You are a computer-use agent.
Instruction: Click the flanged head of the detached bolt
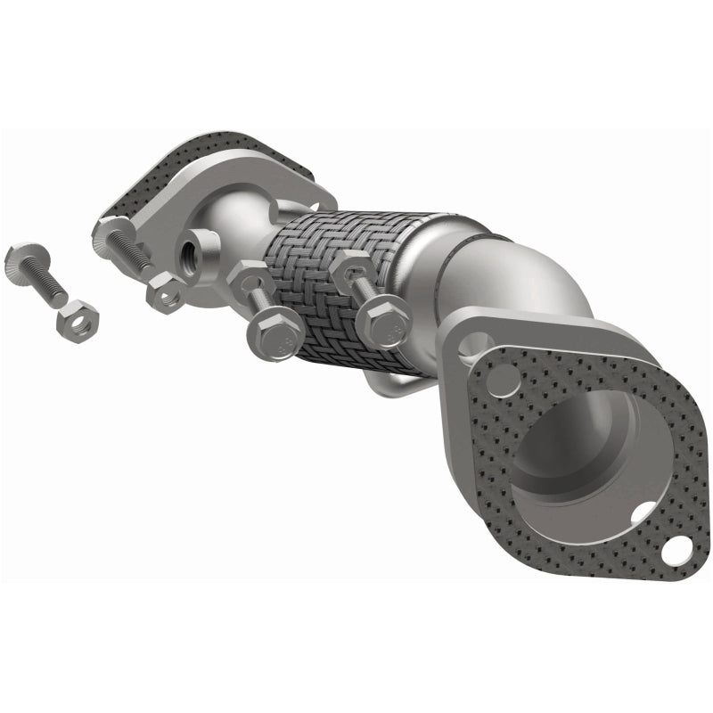tap(20, 258)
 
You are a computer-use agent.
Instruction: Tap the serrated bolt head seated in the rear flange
tap(109, 234)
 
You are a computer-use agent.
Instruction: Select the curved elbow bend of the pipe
tap(526, 276)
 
